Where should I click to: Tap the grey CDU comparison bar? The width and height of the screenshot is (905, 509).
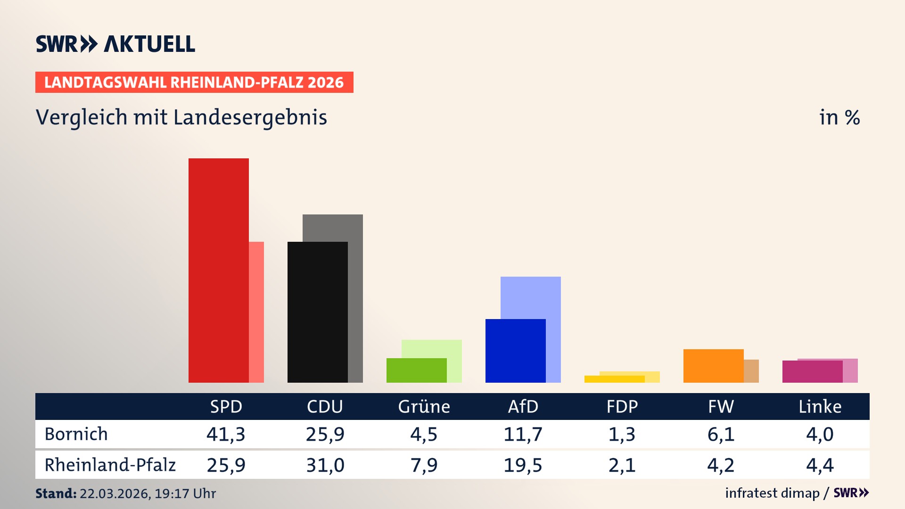tap(355, 297)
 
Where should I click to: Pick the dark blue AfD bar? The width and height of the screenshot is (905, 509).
tap(515, 351)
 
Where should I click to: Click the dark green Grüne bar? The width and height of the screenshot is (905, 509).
tap(416, 370)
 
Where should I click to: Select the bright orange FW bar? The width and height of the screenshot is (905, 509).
tap(713, 366)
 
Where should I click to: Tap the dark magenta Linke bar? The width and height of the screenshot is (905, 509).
tap(812, 371)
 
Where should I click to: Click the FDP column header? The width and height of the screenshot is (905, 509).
tap(622, 406)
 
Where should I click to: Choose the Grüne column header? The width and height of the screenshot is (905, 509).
tap(424, 406)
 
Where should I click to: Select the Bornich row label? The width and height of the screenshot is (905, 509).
tap(76, 434)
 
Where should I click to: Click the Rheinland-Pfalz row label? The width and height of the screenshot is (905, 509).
tap(110, 465)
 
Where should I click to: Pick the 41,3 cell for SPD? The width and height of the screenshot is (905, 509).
tap(226, 434)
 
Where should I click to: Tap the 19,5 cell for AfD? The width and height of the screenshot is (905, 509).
tap(523, 465)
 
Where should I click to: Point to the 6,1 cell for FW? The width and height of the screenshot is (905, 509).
tap(721, 434)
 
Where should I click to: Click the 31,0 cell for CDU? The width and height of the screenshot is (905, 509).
tap(325, 465)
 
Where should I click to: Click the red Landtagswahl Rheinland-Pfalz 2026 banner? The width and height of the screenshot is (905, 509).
tap(194, 82)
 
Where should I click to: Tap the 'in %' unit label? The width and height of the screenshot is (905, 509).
tap(839, 117)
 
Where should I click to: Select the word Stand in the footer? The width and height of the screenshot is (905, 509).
tap(56, 493)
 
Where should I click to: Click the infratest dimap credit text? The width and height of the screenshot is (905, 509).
tap(772, 493)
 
